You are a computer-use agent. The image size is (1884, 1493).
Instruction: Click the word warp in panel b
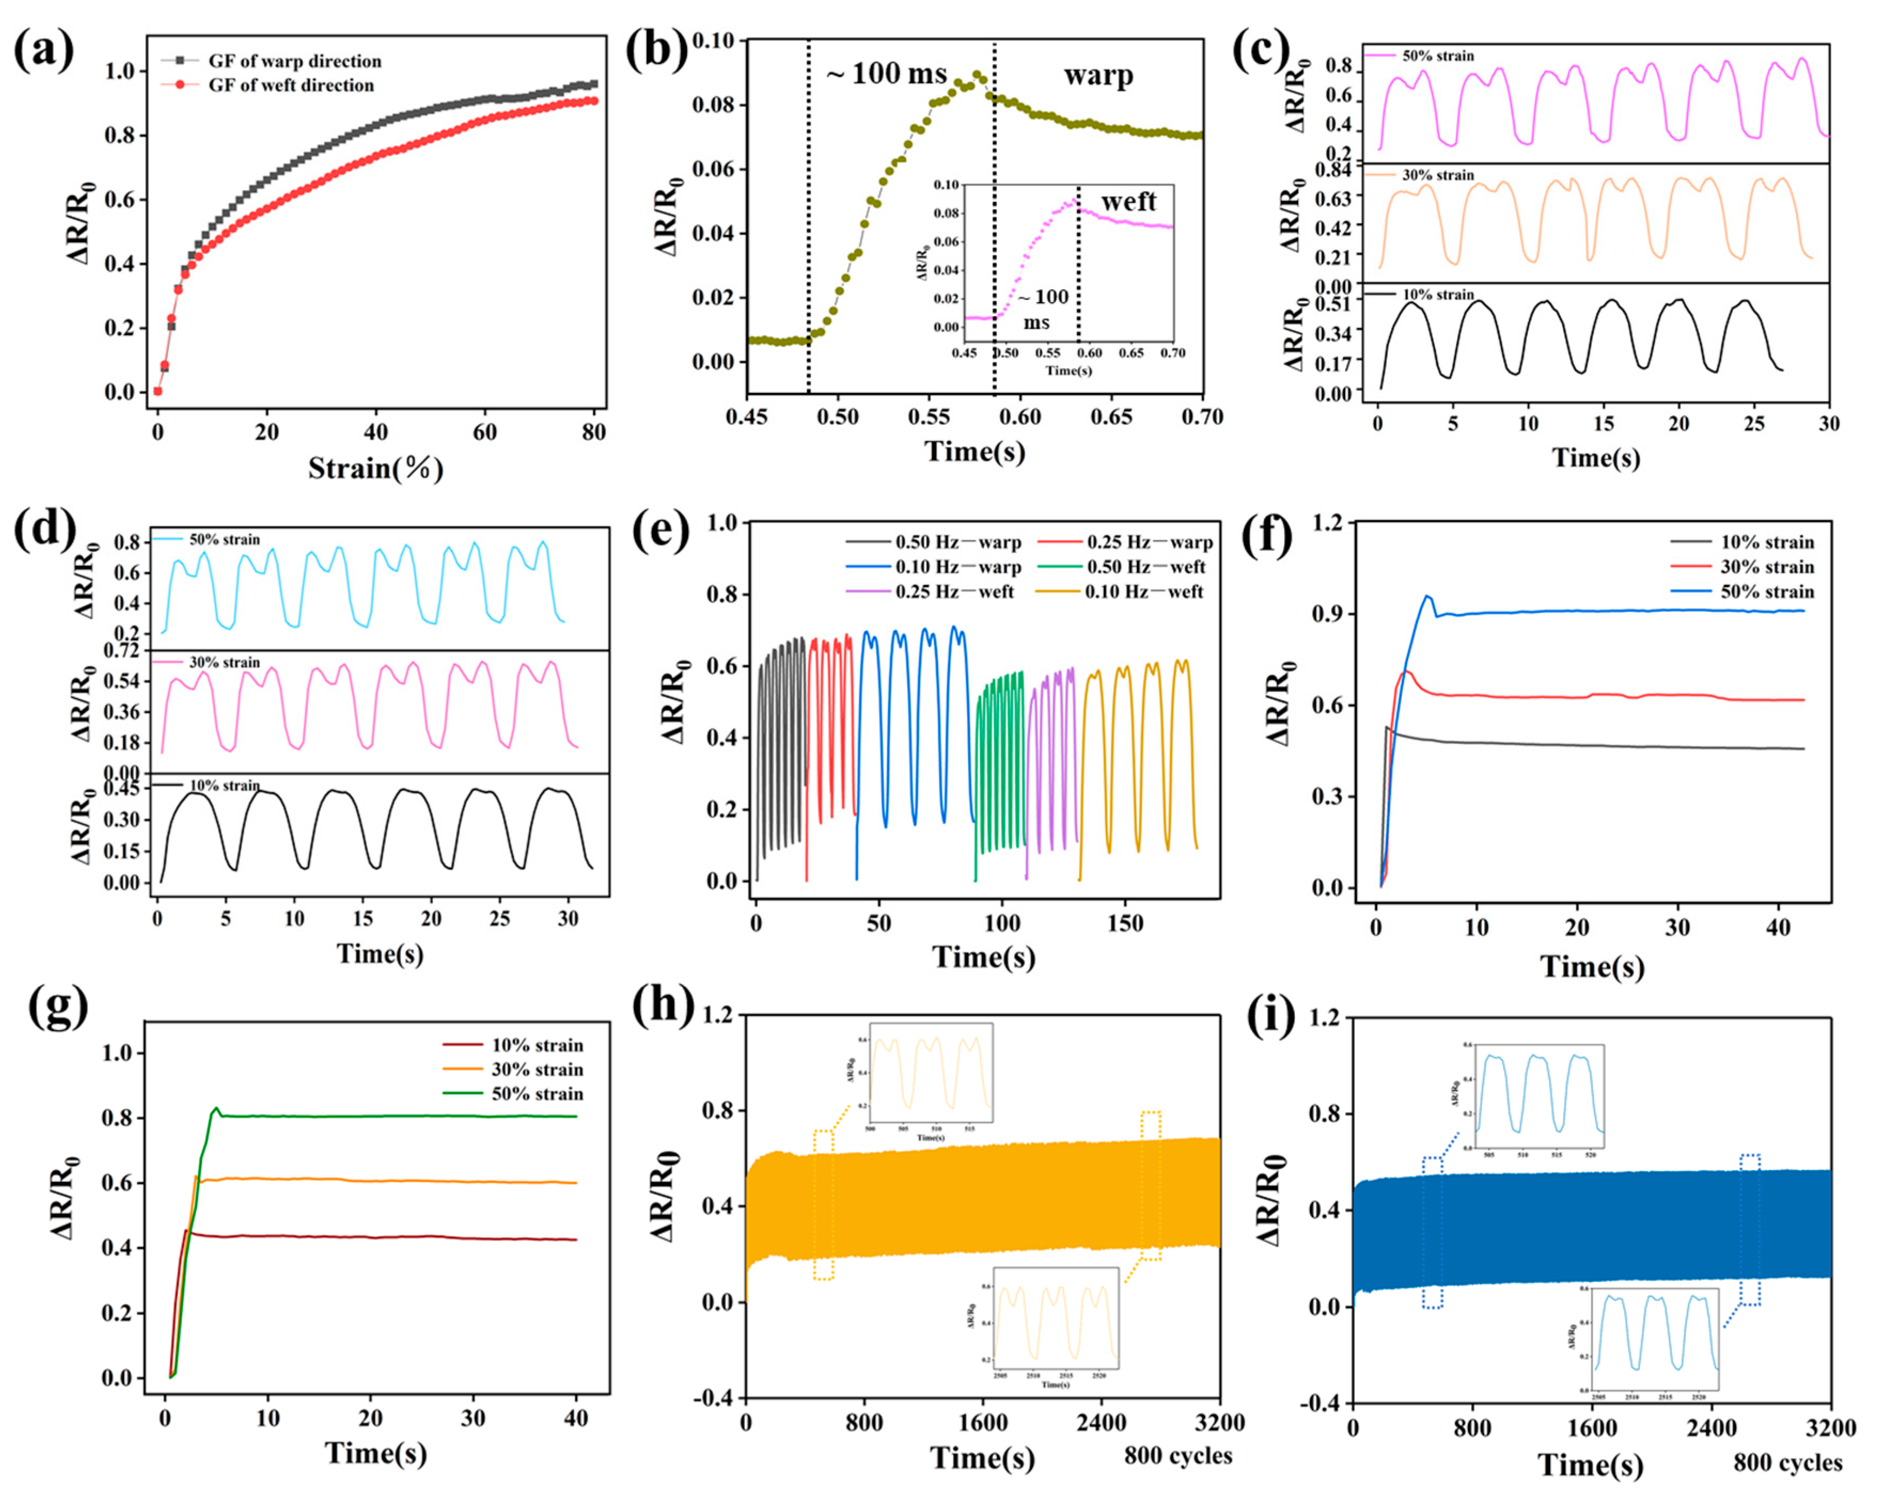click(1098, 75)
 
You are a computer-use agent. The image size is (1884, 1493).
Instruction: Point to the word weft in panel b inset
click(1128, 202)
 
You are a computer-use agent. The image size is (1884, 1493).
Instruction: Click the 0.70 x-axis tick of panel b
click(1203, 417)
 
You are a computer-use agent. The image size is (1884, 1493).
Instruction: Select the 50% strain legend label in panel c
click(1438, 56)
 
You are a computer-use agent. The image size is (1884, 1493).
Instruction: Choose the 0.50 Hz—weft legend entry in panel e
click(1145, 567)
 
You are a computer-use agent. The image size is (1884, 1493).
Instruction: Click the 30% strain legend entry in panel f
click(1767, 567)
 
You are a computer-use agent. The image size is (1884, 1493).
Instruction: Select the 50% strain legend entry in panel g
click(537, 1094)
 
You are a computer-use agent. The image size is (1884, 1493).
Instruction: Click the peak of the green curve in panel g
click(216, 1109)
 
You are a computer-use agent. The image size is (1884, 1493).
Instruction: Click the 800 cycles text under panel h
click(1178, 1456)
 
